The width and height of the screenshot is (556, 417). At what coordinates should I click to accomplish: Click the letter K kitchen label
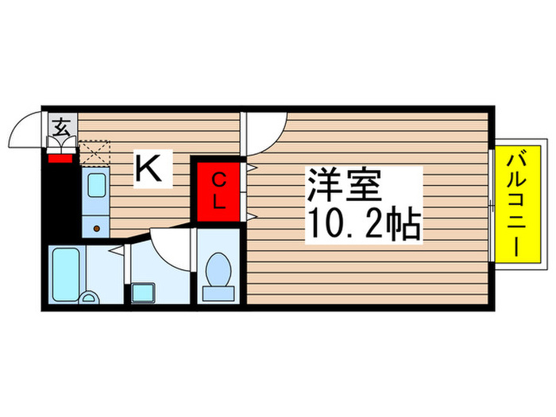[153, 168]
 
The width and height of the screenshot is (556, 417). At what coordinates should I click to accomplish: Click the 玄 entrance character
[60, 125]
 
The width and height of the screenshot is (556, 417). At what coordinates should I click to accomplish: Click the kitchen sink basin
[95, 187]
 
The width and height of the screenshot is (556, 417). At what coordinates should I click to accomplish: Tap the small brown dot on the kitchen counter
[97, 229]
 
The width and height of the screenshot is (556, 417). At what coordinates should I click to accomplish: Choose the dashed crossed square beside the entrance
[94, 151]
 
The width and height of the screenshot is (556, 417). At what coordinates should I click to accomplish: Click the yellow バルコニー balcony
[518, 203]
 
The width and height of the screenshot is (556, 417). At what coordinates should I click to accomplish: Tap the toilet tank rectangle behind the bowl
[218, 294]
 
